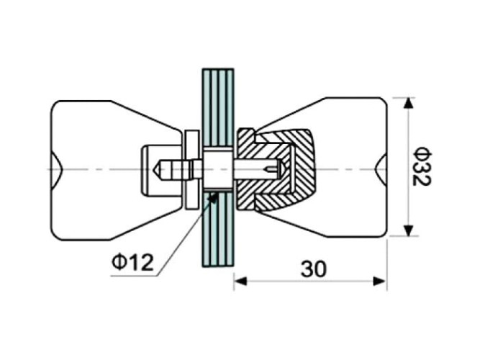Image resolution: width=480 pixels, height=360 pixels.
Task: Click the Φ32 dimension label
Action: coord(421,166)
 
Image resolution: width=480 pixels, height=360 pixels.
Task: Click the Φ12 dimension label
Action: coord(132,262)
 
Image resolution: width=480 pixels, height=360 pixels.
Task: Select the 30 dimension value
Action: coord(314,269)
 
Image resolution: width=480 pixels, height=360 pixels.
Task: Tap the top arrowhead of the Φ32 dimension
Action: coord(407,103)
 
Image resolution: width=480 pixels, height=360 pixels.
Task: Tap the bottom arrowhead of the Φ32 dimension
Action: coord(407,230)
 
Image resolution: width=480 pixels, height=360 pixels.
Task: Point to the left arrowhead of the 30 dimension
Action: coord(240,281)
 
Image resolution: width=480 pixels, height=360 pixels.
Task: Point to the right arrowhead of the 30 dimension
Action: coord(379,281)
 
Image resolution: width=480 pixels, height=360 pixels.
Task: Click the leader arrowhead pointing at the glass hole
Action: coord(212,197)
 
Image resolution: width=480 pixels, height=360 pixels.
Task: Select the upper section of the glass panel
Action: coord(218,107)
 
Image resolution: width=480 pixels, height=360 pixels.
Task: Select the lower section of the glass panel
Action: coord(218,229)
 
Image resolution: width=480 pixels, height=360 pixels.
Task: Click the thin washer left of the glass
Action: coord(192,169)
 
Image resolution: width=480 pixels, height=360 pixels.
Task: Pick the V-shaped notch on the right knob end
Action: coord(381,168)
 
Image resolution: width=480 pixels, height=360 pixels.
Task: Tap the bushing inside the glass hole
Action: coord(218,169)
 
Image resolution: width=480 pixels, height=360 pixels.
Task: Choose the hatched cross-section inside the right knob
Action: coord(276,171)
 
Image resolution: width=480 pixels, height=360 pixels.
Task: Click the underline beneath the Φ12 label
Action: coord(134,276)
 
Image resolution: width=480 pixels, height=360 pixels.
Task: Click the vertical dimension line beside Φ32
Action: coord(407,167)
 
